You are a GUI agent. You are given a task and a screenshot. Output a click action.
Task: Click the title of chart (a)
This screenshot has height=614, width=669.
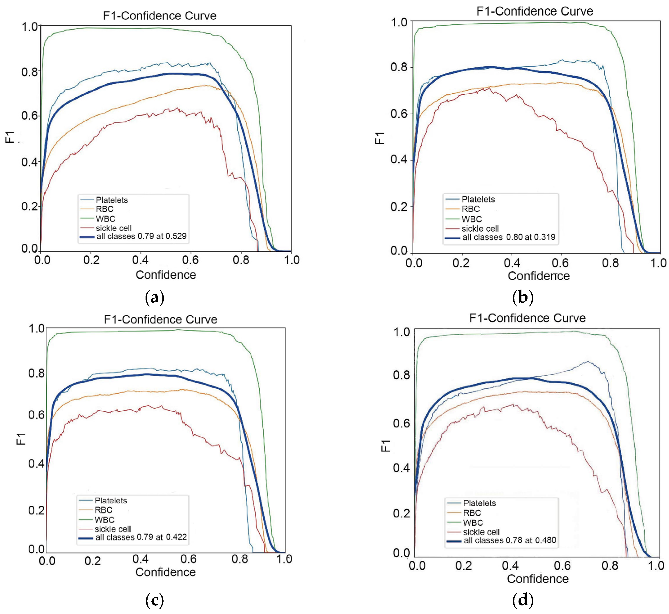[160, 16]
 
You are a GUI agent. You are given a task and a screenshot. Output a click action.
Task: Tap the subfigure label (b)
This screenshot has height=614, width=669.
[523, 297]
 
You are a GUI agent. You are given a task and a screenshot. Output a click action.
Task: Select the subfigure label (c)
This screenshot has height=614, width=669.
[155, 600]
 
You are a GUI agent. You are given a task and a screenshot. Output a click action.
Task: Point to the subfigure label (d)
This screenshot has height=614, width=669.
[523, 600]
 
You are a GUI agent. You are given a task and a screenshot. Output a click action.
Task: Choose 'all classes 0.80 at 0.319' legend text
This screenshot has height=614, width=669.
[509, 237]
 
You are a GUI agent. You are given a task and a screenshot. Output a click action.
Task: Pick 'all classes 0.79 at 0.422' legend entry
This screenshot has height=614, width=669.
[141, 537]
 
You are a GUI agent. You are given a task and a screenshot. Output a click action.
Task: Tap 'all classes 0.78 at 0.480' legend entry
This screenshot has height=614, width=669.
[510, 540]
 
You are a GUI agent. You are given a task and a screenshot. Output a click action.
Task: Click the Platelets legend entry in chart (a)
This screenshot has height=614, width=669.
[112, 200]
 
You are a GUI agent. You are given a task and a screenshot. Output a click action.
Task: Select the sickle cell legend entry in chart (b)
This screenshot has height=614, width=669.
[480, 229]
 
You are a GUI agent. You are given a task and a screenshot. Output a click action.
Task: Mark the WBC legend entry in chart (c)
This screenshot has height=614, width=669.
[104, 520]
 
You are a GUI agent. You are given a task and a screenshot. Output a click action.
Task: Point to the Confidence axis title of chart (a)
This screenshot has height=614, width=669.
[166, 275]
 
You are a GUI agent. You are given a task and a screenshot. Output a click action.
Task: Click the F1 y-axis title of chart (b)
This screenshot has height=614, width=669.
[379, 138]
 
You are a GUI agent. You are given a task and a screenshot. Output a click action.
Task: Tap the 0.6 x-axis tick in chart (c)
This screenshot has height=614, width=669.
[188, 559]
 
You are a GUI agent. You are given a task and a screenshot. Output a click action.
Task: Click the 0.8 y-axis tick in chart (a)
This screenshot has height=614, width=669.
[29, 71]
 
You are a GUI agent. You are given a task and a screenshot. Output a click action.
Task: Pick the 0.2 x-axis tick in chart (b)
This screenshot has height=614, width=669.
[462, 263]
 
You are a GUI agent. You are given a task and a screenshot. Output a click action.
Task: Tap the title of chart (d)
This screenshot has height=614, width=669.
[527, 318]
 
